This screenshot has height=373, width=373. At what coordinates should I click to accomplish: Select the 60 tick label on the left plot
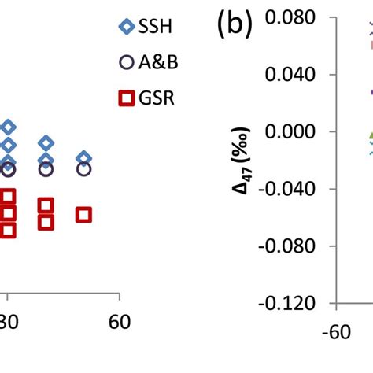tap(119, 322)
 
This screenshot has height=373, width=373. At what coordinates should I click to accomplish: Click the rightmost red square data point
tap(83, 214)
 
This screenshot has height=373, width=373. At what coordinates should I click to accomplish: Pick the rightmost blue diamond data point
tap(83, 158)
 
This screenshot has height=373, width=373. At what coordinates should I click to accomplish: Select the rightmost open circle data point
tap(83, 168)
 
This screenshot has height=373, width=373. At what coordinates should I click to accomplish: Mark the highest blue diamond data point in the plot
tap(8, 127)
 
